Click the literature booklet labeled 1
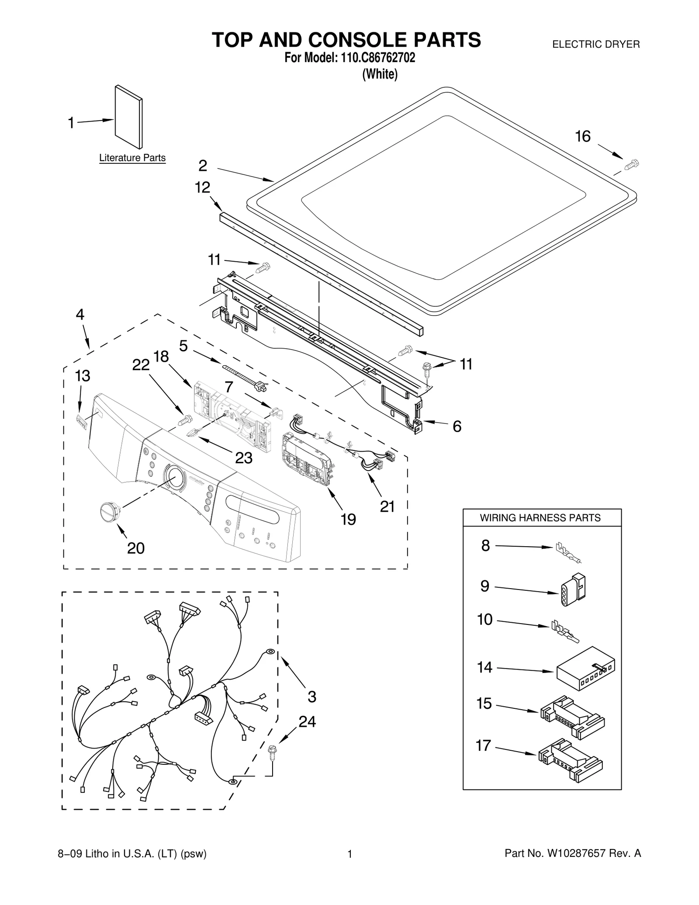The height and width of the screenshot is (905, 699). (x=128, y=117)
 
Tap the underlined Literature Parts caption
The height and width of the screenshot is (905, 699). (x=132, y=158)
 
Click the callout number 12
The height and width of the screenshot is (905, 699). (x=202, y=187)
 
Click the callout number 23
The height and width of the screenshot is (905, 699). (x=244, y=458)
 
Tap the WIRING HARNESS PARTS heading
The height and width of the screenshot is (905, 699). (x=540, y=518)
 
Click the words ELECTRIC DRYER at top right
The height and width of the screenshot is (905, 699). (x=596, y=44)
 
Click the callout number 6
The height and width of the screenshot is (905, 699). (x=457, y=426)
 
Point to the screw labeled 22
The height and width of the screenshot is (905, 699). (x=185, y=420)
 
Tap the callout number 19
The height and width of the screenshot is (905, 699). (x=348, y=519)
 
